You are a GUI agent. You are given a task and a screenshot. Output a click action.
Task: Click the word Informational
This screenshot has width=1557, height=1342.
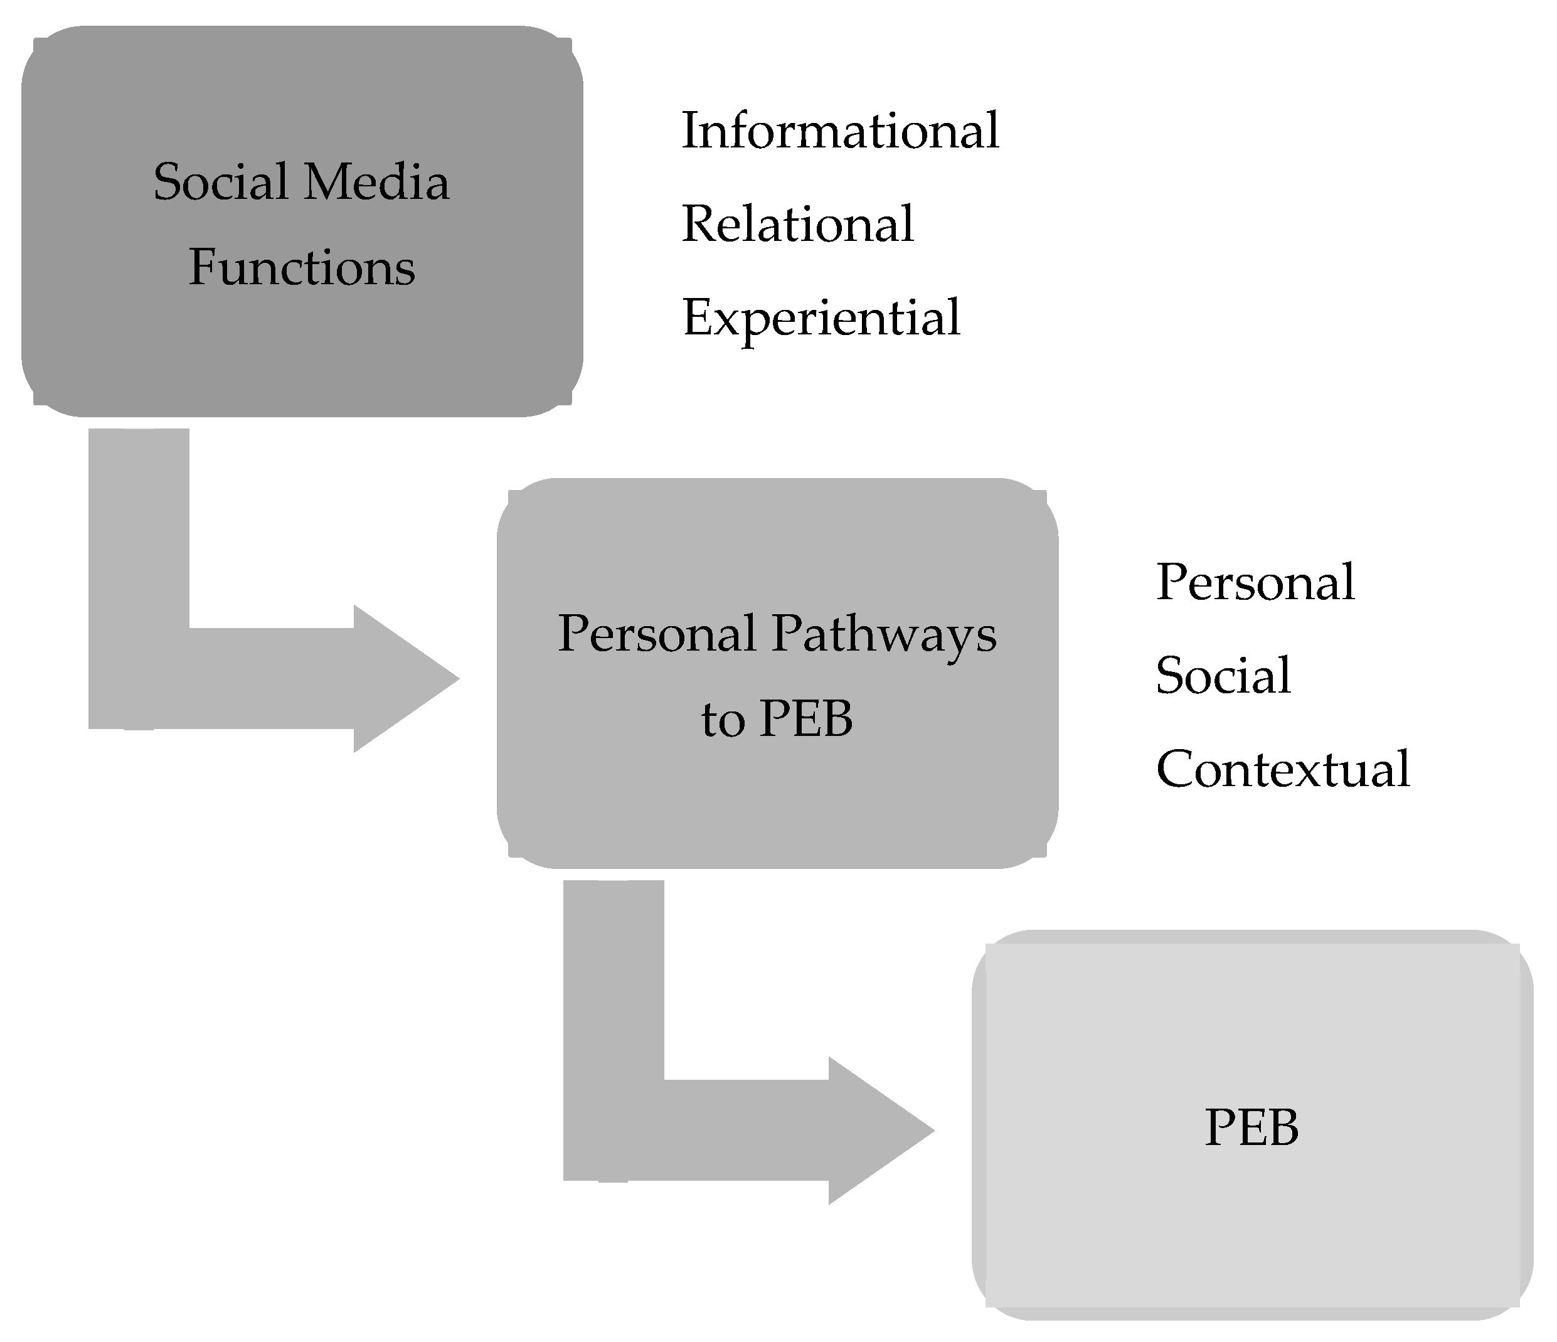840,130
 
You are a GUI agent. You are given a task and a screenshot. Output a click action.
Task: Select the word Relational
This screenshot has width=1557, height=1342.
797,224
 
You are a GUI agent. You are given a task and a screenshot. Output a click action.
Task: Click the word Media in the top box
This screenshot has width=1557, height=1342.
376,182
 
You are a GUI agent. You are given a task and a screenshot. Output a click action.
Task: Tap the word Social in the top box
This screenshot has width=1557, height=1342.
221,182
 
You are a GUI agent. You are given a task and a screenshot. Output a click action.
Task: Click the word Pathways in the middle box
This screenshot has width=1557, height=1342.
885,634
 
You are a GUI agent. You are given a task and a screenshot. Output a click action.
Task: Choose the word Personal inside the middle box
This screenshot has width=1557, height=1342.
657,634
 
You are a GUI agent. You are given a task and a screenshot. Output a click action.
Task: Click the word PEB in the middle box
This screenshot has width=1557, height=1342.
805,719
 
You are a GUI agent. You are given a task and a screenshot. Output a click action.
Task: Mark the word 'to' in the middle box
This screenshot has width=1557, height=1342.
722,721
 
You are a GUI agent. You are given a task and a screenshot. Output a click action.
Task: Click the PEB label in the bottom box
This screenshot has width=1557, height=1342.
1252,1127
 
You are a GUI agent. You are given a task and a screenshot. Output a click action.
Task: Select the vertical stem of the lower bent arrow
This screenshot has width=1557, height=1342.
613,977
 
